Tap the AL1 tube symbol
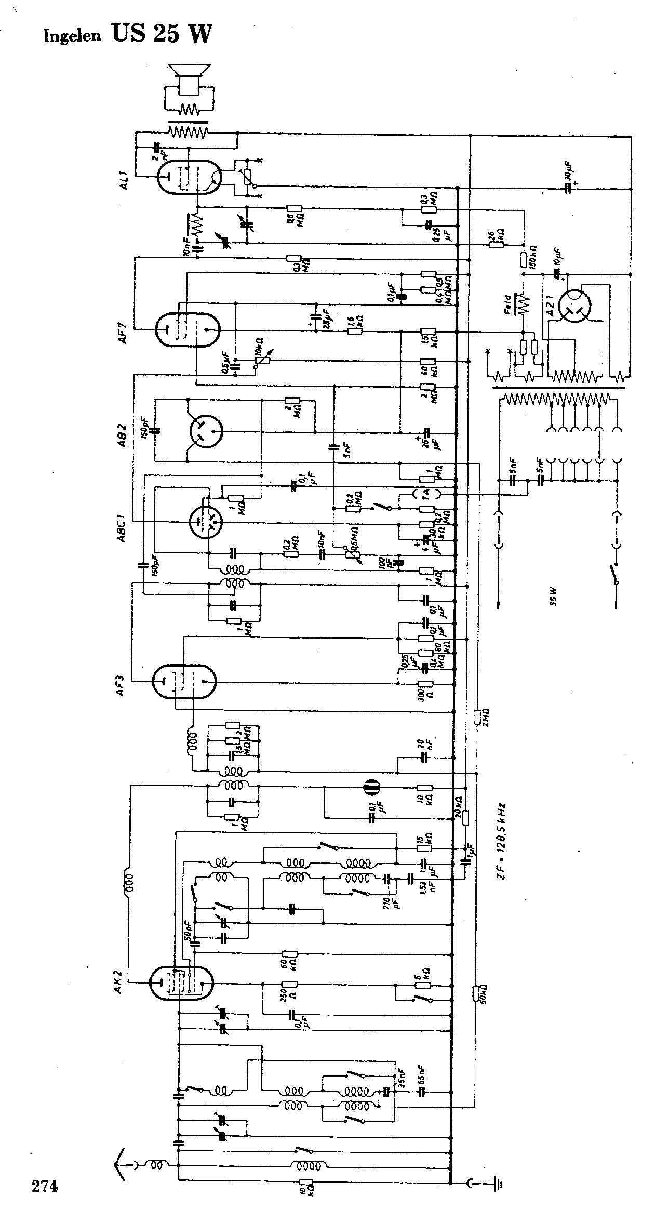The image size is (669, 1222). click(189, 177)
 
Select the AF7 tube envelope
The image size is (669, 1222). click(188, 329)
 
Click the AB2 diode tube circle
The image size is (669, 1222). click(206, 431)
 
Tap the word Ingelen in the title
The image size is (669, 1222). click(73, 36)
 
